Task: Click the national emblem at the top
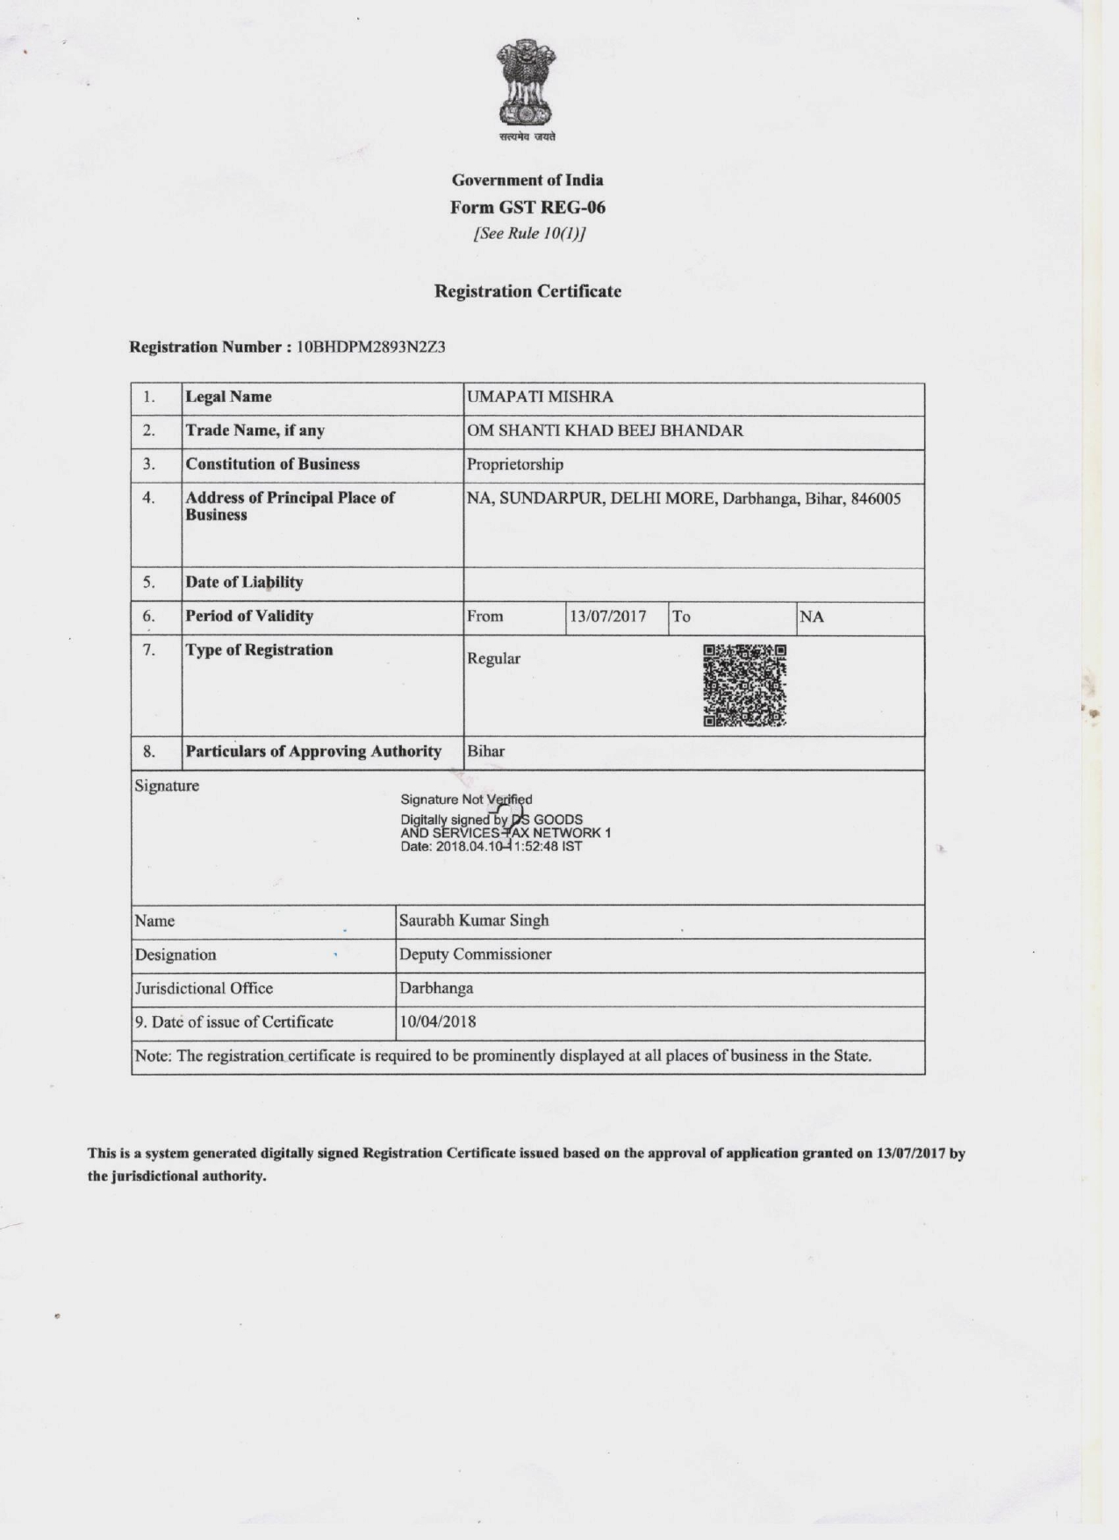(x=527, y=83)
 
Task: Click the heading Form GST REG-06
(x=527, y=207)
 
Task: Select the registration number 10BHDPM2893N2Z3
(x=370, y=347)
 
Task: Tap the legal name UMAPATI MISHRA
(x=540, y=397)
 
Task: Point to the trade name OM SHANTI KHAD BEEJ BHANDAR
(x=605, y=430)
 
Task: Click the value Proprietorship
(x=515, y=464)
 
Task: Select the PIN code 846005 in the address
(x=875, y=498)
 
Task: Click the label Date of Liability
(x=244, y=582)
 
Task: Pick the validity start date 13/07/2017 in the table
(x=607, y=616)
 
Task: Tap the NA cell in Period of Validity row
(x=812, y=616)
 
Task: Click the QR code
(x=744, y=686)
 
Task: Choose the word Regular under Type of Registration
(x=493, y=658)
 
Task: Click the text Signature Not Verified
(x=466, y=799)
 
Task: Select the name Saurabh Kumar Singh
(x=474, y=920)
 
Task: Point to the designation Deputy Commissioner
(x=476, y=954)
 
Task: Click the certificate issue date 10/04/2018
(x=438, y=1021)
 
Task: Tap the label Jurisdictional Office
(x=204, y=988)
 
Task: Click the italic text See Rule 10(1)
(x=529, y=233)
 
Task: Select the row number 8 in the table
(x=149, y=751)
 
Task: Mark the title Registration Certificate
(x=527, y=291)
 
